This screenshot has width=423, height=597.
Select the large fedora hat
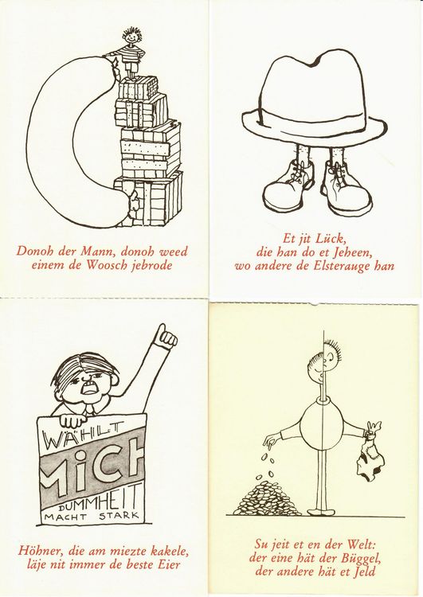[315, 99]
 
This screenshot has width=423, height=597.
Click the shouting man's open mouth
[89, 388]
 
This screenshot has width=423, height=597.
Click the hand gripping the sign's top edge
[72, 420]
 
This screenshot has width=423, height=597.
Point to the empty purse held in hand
[369, 457]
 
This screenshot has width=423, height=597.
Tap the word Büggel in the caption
[360, 558]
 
